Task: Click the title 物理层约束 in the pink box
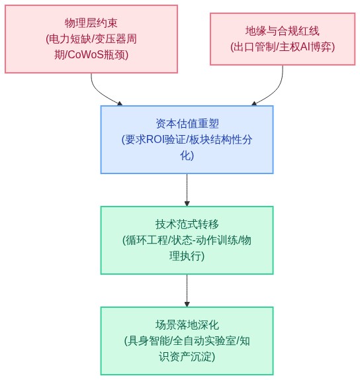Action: point(91,23)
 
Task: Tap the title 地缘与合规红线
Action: point(283,31)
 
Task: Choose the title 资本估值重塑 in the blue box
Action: point(187,124)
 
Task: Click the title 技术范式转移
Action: point(187,224)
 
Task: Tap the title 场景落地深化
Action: point(187,325)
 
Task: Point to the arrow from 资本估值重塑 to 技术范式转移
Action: point(187,190)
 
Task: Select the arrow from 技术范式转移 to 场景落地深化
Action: point(187,291)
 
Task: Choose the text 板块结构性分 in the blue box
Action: point(220,140)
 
